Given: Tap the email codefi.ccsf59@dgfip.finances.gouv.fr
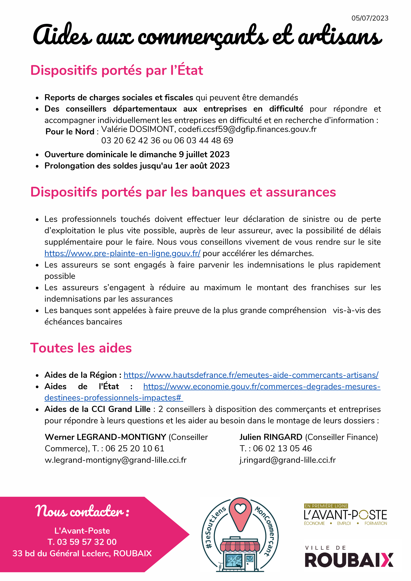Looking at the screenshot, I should point(247,129).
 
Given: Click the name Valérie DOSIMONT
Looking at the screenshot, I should point(137,129).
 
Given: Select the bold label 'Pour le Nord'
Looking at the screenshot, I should point(70,132).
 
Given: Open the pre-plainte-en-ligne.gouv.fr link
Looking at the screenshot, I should point(122,253).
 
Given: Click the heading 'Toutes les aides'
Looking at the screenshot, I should point(81,348).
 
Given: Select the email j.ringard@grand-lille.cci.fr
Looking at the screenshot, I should point(287,460).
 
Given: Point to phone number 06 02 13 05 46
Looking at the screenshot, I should point(282,448).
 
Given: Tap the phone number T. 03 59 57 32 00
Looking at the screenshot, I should point(82,542).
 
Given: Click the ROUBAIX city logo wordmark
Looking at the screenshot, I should point(349,560).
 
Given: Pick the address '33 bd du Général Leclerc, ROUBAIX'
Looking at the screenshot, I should point(82,553).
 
